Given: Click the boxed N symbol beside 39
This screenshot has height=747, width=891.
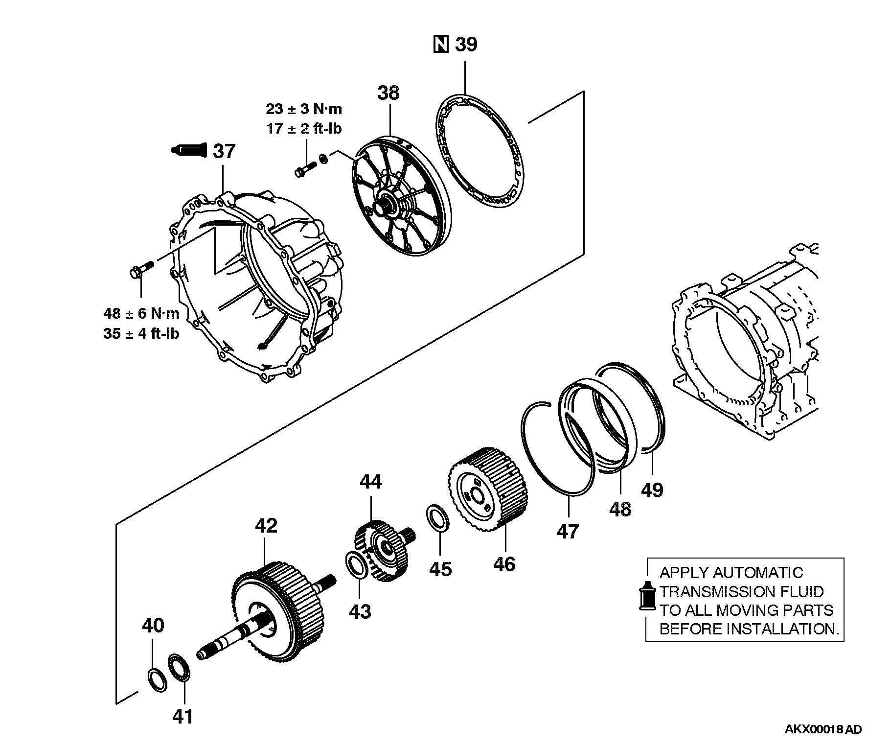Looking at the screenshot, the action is coord(441,45).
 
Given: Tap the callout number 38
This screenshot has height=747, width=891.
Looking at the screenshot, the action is coord(388,93).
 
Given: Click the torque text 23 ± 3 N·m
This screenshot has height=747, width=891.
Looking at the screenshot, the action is coord(304,108).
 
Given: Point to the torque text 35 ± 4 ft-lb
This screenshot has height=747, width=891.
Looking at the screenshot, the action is coord(141,334).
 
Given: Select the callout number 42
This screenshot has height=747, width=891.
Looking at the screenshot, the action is coord(266,526).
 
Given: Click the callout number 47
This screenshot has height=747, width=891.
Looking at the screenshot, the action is coord(568,531).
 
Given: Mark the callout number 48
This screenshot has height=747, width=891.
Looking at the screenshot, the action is coord(620,510).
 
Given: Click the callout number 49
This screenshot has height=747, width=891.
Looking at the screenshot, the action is coord(652,490).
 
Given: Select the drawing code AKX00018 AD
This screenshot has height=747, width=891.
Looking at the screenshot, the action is coord(823,729).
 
